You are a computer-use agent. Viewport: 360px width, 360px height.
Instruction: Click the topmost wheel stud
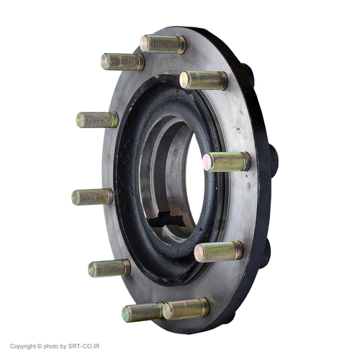pos(163,45)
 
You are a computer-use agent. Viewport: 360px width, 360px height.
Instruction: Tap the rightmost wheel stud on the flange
pos(227,161)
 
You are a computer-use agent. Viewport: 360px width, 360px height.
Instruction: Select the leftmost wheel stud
pos(92,197)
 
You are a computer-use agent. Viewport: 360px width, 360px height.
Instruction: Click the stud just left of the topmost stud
pos(122,62)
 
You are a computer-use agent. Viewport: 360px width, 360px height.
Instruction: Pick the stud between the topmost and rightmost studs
pos(203,81)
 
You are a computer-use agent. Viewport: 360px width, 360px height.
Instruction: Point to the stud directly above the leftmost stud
pos(97,120)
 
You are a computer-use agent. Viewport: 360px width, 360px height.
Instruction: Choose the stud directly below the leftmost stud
pos(109,268)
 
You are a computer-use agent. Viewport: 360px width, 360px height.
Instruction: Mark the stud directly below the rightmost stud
pos(218,252)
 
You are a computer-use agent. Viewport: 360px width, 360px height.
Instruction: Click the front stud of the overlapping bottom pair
pos(186,309)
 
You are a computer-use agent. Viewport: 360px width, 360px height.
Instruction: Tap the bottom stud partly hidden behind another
pos(143,312)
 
